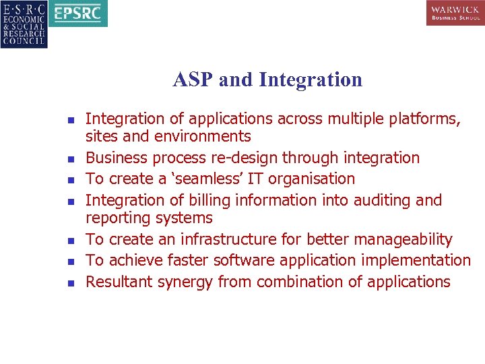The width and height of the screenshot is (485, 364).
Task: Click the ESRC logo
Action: pyautogui.click(x=24, y=24)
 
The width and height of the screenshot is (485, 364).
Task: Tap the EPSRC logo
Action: pyautogui.click(x=79, y=13)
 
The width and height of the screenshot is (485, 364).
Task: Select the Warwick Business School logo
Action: pyautogui.click(x=455, y=13)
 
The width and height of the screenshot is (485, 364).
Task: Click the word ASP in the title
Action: pyautogui.click(x=193, y=80)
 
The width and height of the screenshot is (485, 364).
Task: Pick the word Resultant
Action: pyautogui.click(x=119, y=282)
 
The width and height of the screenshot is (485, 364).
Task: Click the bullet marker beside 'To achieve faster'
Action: pyautogui.click(x=71, y=262)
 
